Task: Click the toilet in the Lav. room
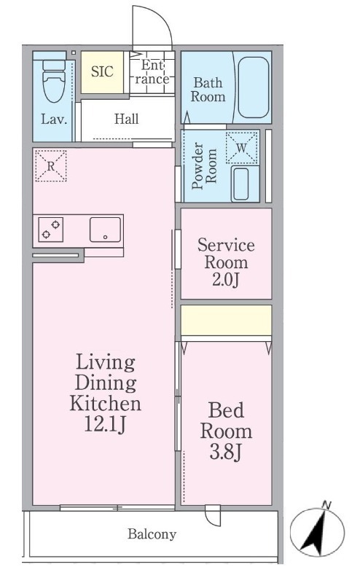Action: (x=53, y=81)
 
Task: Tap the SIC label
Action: (x=102, y=71)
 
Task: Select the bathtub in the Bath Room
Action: (x=254, y=87)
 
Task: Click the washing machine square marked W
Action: (x=242, y=148)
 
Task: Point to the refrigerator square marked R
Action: (x=51, y=166)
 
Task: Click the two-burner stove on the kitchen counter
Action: (x=50, y=230)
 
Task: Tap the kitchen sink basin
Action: (x=105, y=230)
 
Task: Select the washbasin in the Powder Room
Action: (x=240, y=184)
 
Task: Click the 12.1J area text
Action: (x=105, y=424)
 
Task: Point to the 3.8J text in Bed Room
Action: (x=226, y=452)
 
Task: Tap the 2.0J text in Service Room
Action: (x=225, y=280)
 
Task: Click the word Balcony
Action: (x=152, y=534)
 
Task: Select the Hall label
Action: (x=127, y=119)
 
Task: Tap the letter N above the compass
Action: (x=327, y=505)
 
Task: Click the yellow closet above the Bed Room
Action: (x=226, y=320)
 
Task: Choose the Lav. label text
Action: (x=54, y=120)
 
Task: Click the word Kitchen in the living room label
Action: (x=106, y=403)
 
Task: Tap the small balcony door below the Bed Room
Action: (x=213, y=514)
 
